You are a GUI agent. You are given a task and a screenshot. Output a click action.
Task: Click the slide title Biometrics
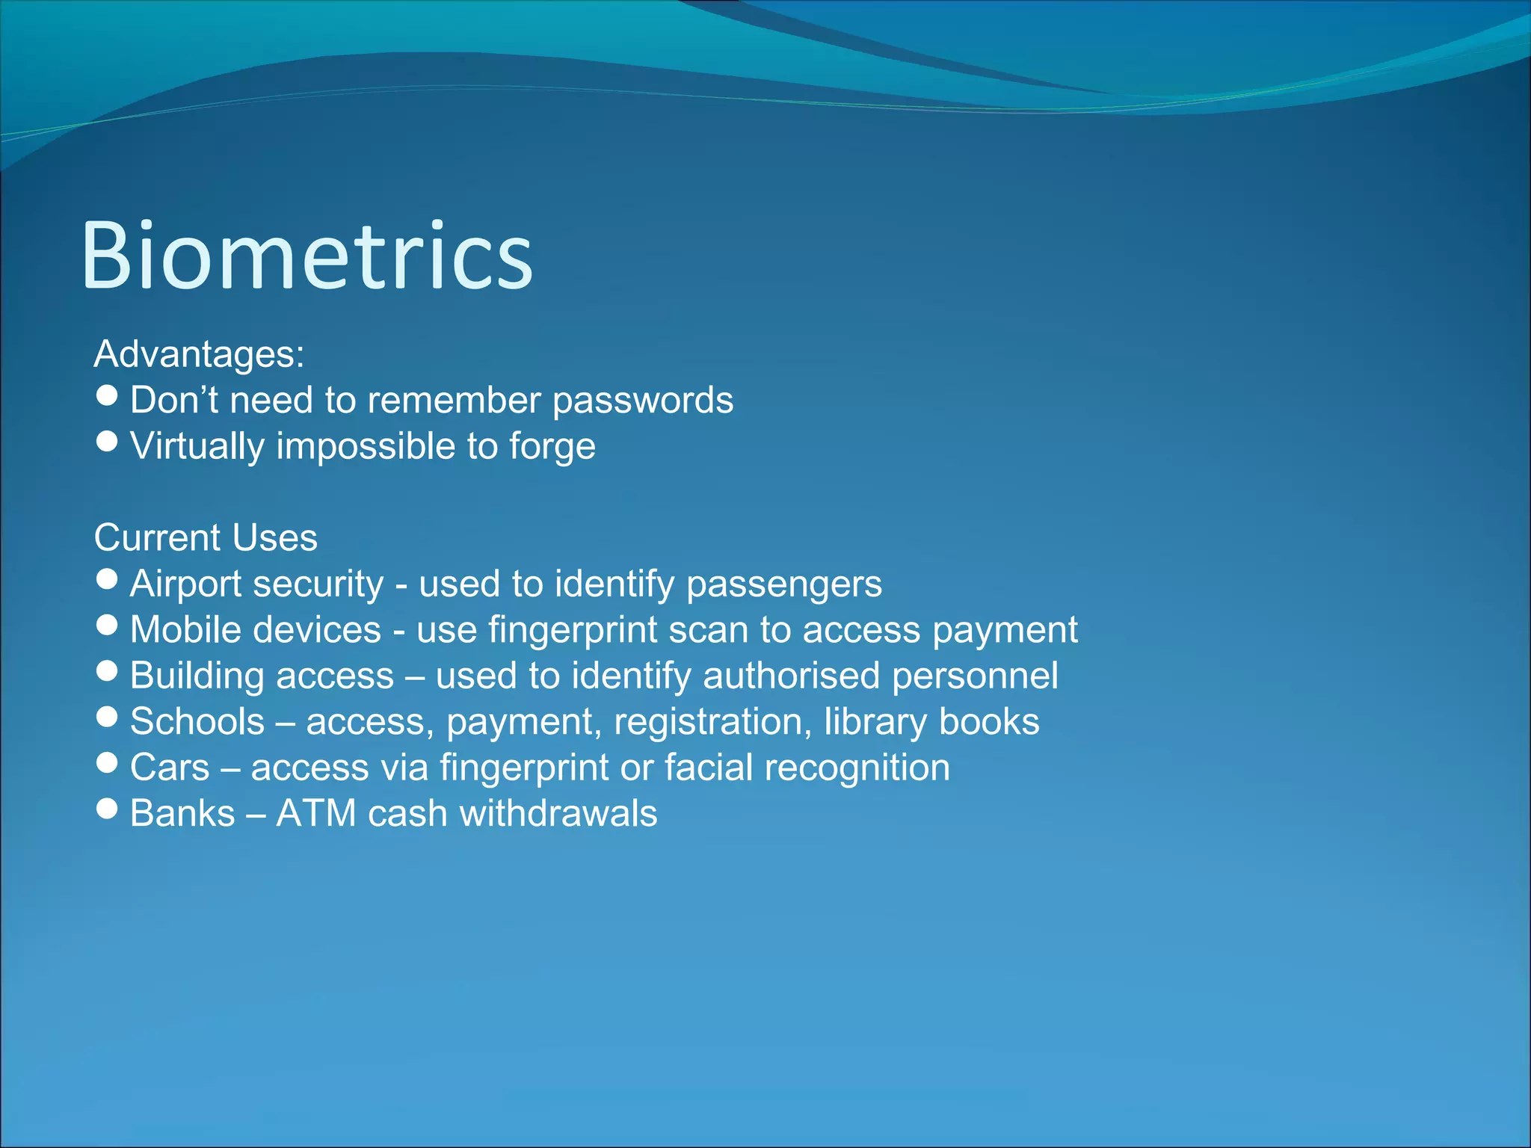pyautogui.click(x=306, y=256)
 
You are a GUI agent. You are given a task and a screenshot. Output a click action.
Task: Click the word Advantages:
pyautogui.click(x=199, y=354)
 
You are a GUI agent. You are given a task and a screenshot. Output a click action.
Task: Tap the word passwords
pyautogui.click(x=643, y=401)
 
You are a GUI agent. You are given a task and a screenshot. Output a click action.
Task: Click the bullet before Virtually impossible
pyautogui.click(x=108, y=441)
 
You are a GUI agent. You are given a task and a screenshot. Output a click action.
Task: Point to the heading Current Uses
pyautogui.click(x=206, y=538)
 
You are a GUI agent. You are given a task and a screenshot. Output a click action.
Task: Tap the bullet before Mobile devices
pyautogui.click(x=108, y=625)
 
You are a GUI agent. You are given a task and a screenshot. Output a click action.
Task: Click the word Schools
pyautogui.click(x=197, y=722)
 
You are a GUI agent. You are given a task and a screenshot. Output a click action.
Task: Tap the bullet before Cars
pyautogui.click(x=108, y=762)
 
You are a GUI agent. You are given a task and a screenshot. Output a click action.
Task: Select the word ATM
pyautogui.click(x=315, y=814)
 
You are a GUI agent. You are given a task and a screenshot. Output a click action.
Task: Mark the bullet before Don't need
pyautogui.click(x=108, y=395)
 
